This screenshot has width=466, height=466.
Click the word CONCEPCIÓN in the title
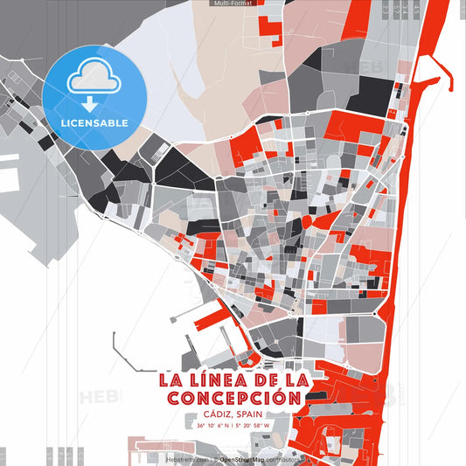coord(233,398)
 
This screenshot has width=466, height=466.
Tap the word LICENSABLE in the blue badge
coord(94,123)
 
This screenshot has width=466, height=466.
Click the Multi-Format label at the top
coord(233,3)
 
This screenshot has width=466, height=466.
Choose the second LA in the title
coord(296,380)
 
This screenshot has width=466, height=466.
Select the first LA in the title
coord(170,380)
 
